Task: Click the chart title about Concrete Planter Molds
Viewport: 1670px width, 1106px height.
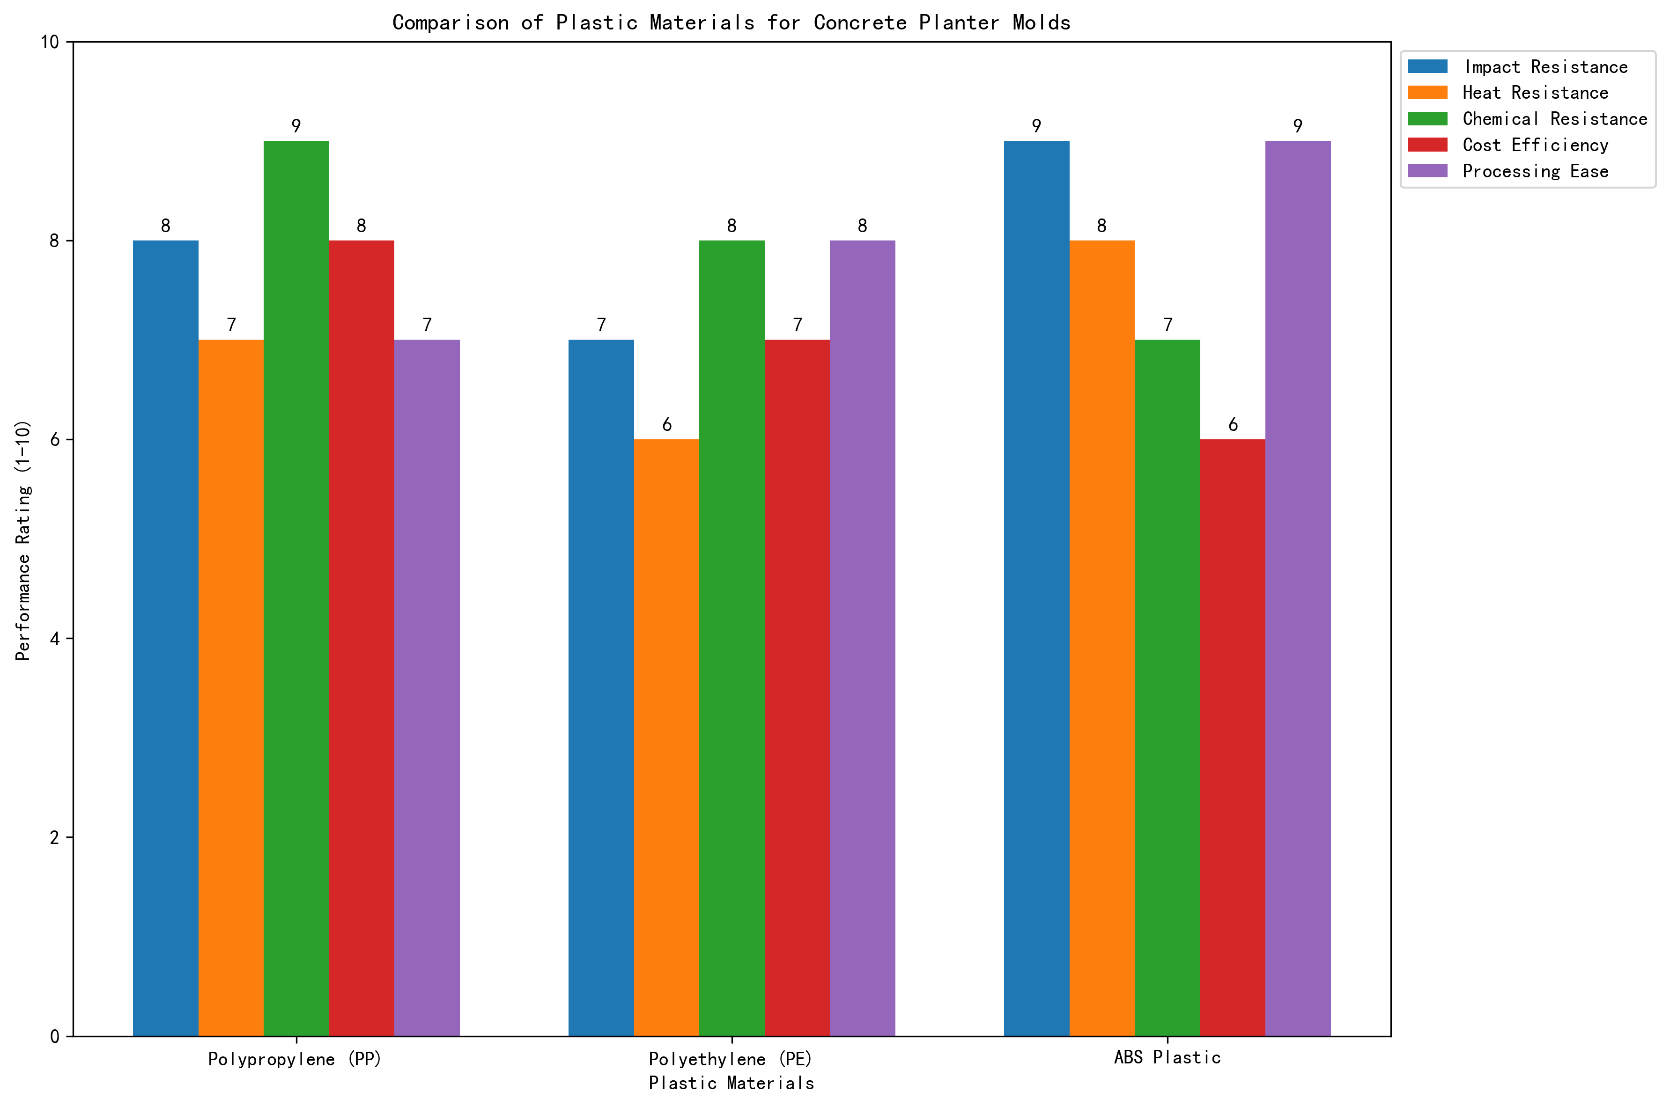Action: (731, 22)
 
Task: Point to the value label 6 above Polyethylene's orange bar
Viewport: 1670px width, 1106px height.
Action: (666, 425)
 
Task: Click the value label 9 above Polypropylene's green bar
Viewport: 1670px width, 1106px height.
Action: (296, 126)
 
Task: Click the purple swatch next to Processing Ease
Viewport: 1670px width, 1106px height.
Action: (1427, 171)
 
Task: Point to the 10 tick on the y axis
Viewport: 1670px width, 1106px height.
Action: (50, 42)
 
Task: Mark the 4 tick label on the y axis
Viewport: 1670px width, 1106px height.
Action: (54, 639)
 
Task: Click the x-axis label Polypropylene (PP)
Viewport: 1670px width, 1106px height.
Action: (295, 1059)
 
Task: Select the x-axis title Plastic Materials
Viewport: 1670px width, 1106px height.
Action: (731, 1083)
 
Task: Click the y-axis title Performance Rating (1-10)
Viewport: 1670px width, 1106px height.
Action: (23, 540)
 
